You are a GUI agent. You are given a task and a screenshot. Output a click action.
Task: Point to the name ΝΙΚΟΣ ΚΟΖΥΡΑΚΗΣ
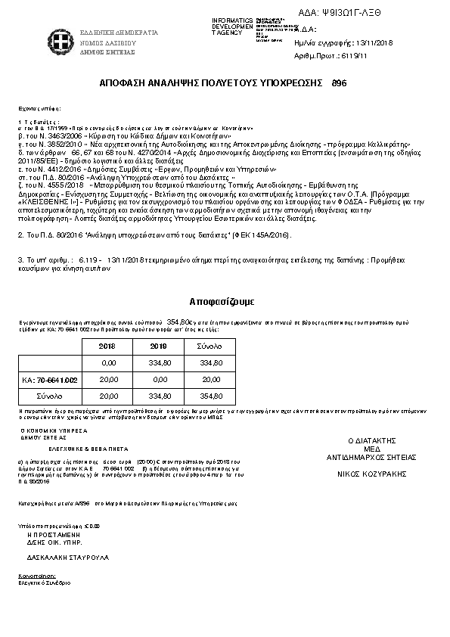tap(371, 474)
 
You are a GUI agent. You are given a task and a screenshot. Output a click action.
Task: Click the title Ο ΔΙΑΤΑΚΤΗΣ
tap(371, 440)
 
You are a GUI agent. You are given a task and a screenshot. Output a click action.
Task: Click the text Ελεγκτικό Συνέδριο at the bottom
tap(45, 583)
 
